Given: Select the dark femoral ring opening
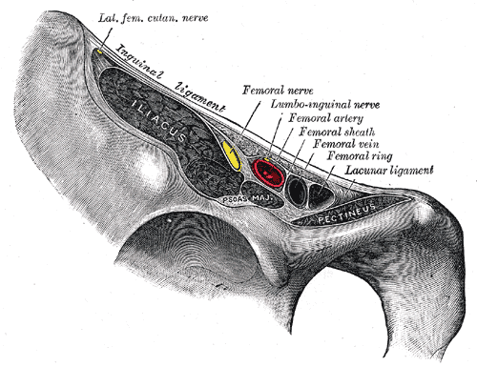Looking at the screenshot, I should click(x=321, y=194).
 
